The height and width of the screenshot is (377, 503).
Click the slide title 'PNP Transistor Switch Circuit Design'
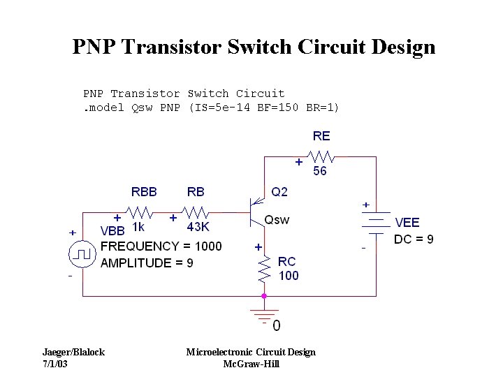pyautogui.click(x=254, y=47)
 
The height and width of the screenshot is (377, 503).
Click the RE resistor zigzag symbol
pyautogui.click(x=322, y=156)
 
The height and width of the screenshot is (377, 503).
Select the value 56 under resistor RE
pyautogui.click(x=319, y=171)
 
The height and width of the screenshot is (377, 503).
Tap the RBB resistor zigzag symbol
pyautogui.click(x=140, y=211)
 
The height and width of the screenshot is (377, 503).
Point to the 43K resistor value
pyautogui.click(x=198, y=227)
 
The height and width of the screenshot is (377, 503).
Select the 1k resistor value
pyautogui.click(x=138, y=227)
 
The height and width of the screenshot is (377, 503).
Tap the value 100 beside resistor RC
pyautogui.click(x=288, y=276)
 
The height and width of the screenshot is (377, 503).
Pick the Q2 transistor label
pyautogui.click(x=279, y=192)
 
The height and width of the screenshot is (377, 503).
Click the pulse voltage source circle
pyautogui.click(x=82, y=255)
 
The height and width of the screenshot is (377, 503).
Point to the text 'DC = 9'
pyautogui.click(x=414, y=239)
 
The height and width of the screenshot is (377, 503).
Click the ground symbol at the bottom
pyautogui.click(x=264, y=315)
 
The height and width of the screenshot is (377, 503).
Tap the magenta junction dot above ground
pyautogui.click(x=264, y=296)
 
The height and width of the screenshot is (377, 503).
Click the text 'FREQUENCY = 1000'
pyautogui.click(x=161, y=246)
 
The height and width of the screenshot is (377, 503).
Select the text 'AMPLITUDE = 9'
pyautogui.click(x=147, y=263)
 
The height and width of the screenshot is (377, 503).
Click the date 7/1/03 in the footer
pyautogui.click(x=56, y=364)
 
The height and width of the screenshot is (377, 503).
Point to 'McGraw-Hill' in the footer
pyautogui.click(x=251, y=364)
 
